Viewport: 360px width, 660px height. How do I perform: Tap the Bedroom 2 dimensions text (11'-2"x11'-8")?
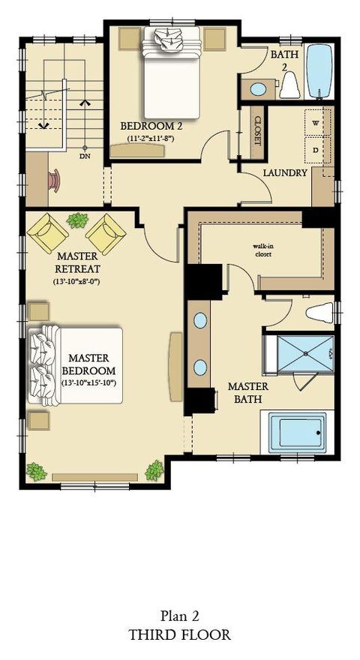pos(151,138)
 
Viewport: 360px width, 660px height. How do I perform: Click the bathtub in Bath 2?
pos(319,71)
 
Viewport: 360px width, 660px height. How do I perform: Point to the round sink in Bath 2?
pos(258,89)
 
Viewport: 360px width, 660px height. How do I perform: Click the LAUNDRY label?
pos(285,172)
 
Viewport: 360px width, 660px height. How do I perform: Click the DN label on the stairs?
pos(85,156)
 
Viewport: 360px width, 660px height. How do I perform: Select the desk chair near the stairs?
pos(55,181)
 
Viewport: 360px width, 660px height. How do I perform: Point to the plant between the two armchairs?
pos(77,220)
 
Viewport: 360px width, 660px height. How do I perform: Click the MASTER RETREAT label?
pos(77,262)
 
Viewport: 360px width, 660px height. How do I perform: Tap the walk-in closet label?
pos(262,250)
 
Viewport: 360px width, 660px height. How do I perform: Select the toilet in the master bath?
pos(320,312)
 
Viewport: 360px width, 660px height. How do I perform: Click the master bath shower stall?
pos(304,353)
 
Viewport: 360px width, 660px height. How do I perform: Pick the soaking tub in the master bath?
pos(297,433)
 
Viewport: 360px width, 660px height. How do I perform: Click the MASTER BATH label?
pos(247,393)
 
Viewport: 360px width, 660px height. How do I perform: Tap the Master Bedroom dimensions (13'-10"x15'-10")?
pos(88,383)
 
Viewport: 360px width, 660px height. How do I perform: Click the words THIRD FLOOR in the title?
pos(180,634)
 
